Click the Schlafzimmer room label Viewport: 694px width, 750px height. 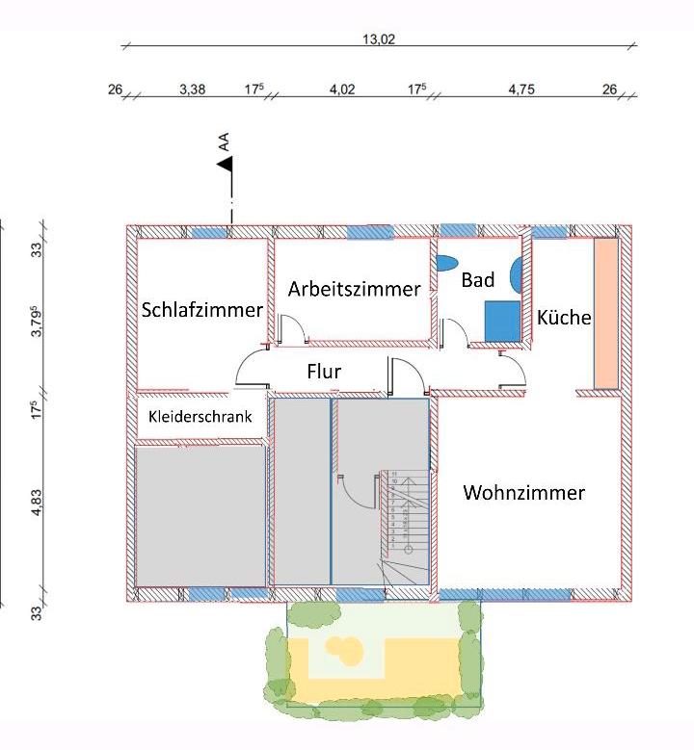click(201, 310)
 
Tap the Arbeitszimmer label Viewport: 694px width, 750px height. click(354, 289)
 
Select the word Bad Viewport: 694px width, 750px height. click(477, 280)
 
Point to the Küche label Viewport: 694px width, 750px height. click(564, 317)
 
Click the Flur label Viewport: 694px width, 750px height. click(324, 371)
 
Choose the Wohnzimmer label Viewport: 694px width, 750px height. click(523, 493)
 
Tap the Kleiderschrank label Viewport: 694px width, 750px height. click(200, 417)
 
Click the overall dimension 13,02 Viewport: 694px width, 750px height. click(378, 39)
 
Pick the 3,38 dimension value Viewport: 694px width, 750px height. click(192, 90)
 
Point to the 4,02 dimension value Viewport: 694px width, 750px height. click(342, 90)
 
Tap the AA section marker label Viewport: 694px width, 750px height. click(224, 142)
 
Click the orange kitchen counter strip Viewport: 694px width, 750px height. click(605, 313)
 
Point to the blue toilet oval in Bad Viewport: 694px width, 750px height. click(446, 262)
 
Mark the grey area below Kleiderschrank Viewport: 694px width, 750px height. click(200, 514)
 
